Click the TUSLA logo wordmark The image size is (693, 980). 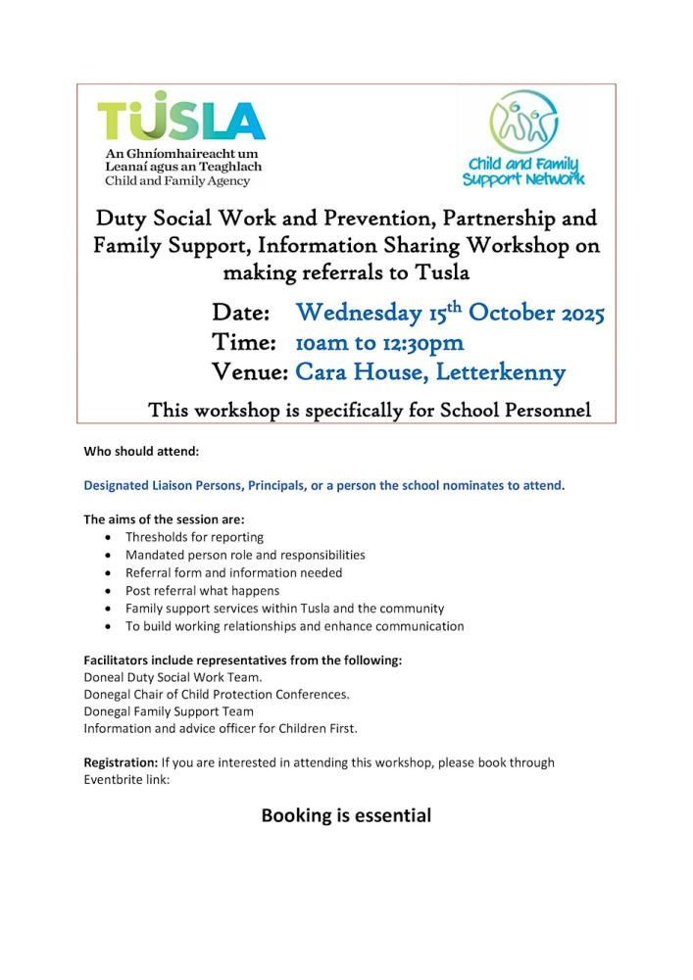click(181, 121)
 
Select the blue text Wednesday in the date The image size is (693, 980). click(359, 314)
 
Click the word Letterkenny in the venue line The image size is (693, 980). click(505, 372)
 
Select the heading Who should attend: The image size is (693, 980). click(141, 453)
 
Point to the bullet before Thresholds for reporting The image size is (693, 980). click(107, 538)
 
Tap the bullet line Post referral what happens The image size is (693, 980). click(202, 591)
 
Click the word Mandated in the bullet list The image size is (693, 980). click(152, 555)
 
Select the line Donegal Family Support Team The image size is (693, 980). click(169, 711)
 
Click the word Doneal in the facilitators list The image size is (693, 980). click(105, 677)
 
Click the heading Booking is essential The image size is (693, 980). click(346, 815)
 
